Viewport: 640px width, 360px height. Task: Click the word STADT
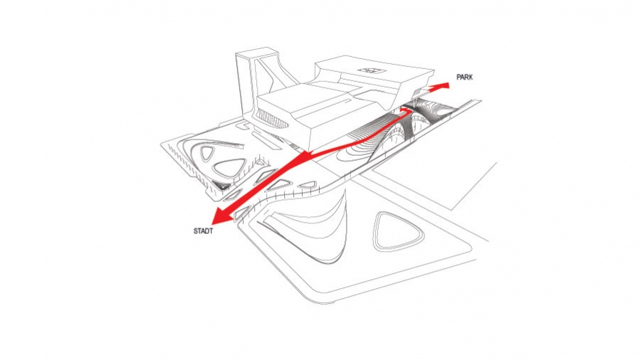click(203, 231)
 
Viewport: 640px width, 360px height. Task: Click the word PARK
click(464, 77)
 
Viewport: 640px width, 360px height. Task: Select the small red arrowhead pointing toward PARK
click(443, 85)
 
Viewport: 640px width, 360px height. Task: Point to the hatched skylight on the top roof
click(372, 70)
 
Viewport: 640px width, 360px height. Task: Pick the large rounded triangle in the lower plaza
click(399, 231)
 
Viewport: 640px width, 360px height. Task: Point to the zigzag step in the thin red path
click(406, 110)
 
